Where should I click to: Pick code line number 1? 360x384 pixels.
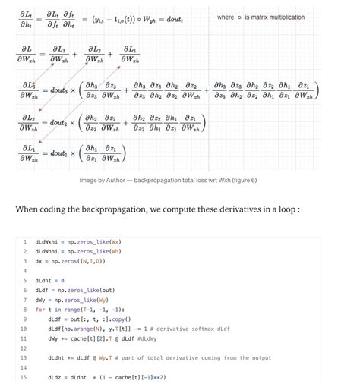[24, 242]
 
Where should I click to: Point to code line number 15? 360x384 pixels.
[24, 376]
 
